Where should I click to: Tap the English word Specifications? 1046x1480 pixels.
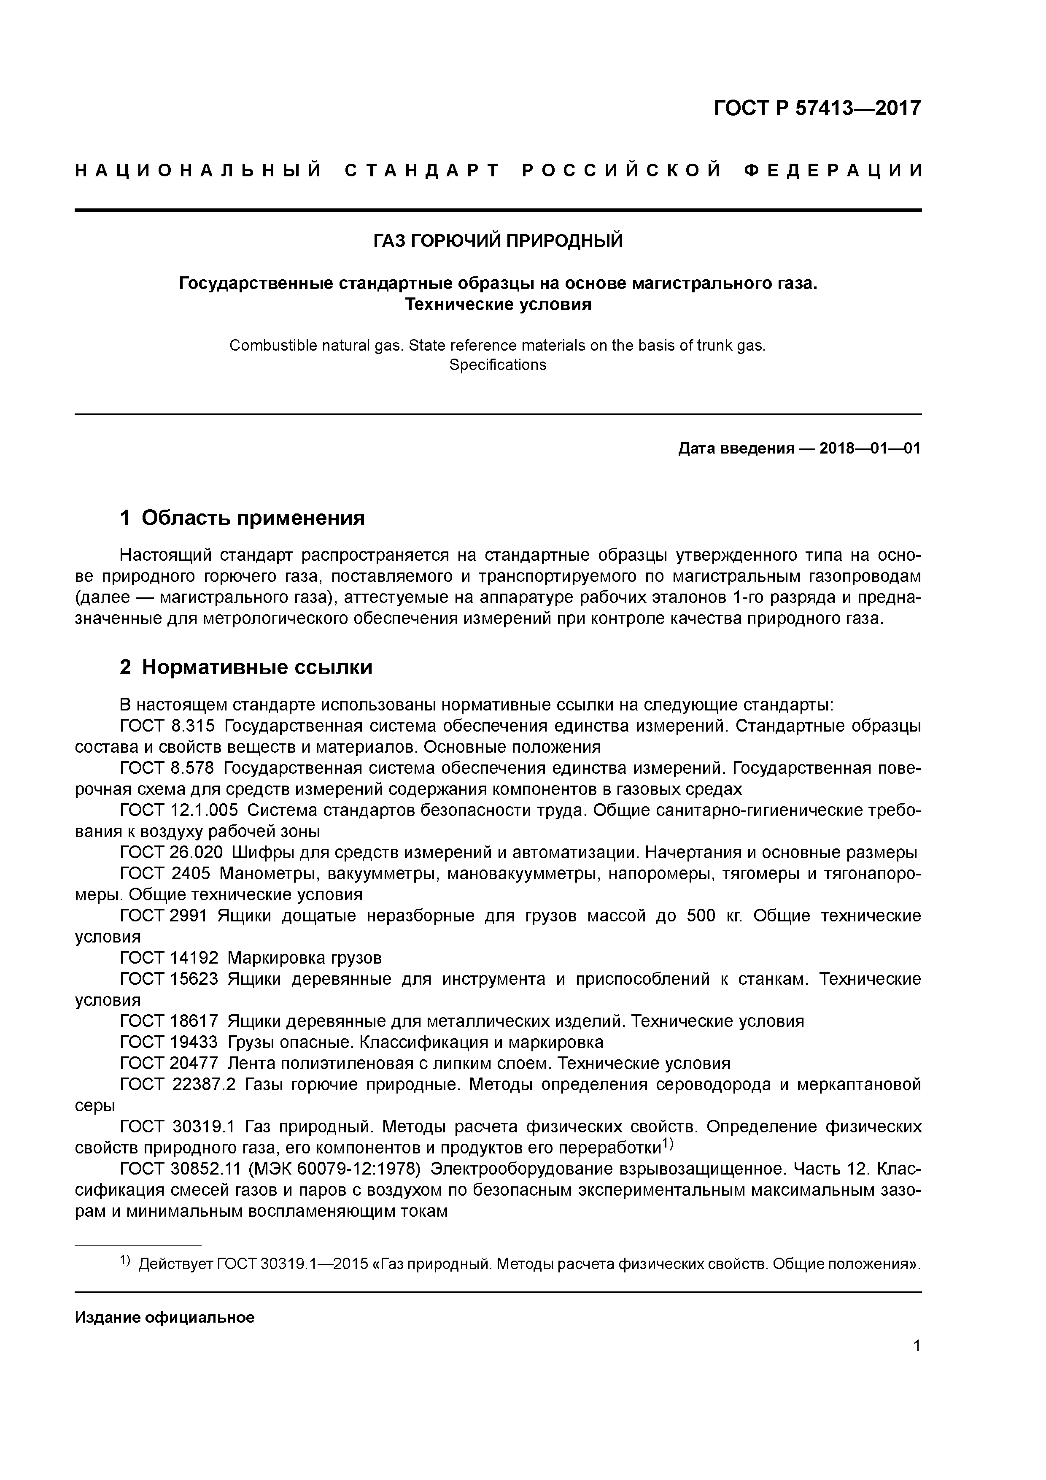coord(498,365)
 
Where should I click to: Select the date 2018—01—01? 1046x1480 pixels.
coord(870,448)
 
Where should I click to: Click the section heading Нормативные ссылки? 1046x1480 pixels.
coord(256,667)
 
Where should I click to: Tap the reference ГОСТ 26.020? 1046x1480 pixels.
coord(171,852)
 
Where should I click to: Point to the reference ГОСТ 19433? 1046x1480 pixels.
coord(169,1042)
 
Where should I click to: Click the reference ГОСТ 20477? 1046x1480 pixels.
coord(169,1063)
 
